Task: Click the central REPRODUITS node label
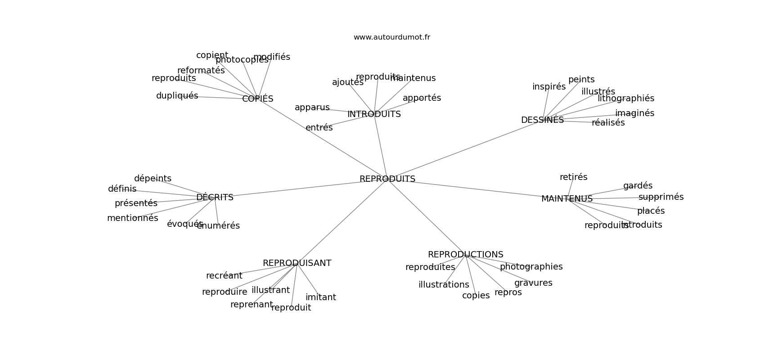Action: click(x=387, y=179)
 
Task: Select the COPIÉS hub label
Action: click(x=257, y=99)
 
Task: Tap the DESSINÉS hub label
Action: click(x=542, y=120)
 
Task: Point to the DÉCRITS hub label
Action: click(x=215, y=198)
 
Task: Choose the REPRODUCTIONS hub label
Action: click(x=465, y=255)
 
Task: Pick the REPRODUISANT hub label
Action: click(x=297, y=263)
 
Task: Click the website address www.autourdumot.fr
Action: click(x=391, y=37)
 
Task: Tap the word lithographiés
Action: click(x=625, y=99)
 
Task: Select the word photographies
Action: click(x=531, y=267)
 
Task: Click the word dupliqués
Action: click(x=177, y=96)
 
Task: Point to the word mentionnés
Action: click(x=132, y=218)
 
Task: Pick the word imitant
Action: click(x=320, y=297)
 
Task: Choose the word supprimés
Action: click(x=661, y=197)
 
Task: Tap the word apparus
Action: click(x=312, y=108)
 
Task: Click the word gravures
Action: click(x=533, y=283)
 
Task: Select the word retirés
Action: click(x=573, y=177)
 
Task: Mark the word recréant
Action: click(x=224, y=276)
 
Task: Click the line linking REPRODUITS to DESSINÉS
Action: click(x=463, y=150)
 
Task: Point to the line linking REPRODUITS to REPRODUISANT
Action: click(x=342, y=221)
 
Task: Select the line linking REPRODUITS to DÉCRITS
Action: click(x=297, y=189)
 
